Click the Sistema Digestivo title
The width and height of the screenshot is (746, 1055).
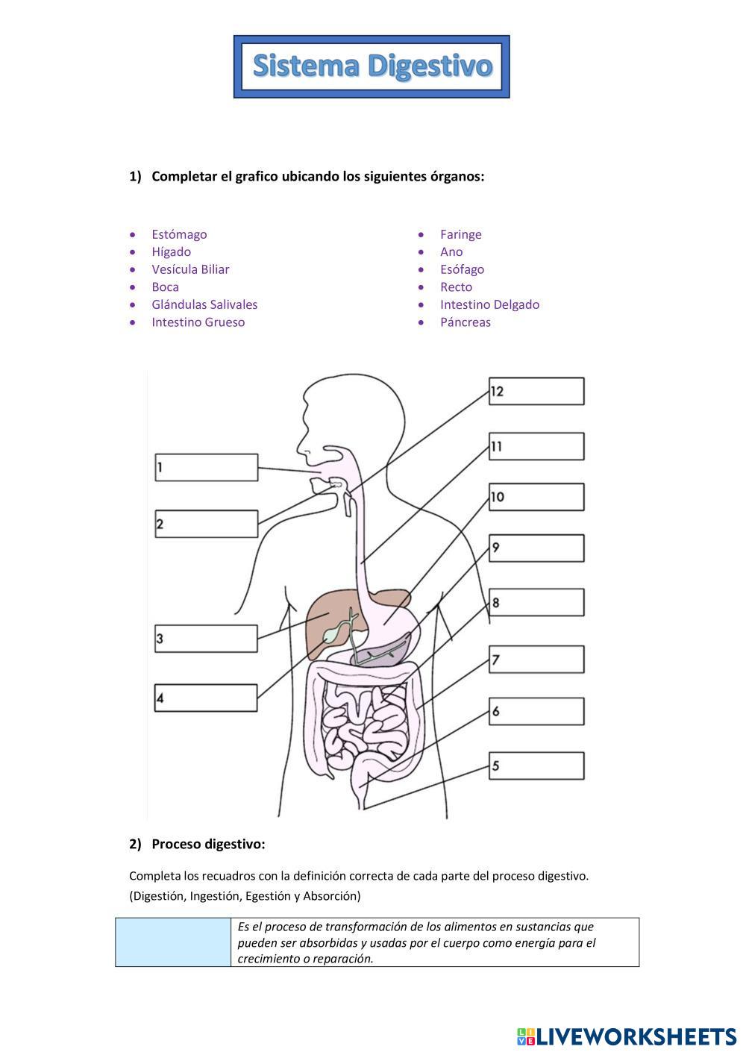[372, 66]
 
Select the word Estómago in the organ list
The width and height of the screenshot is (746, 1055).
[179, 234]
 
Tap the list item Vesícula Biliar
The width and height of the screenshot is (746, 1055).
[190, 269]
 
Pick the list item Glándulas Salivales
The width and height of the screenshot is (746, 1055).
[204, 304]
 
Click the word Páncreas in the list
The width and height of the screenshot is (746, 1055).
[466, 322]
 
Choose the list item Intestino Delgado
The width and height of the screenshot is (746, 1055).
[489, 304]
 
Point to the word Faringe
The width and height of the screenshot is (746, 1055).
[461, 234]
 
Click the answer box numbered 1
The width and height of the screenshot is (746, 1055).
[207, 468]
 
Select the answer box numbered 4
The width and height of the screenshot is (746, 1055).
[207, 698]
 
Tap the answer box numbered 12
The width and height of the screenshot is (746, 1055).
[536, 391]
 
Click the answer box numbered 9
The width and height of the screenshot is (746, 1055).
[536, 548]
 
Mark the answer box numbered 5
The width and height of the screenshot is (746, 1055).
[536, 766]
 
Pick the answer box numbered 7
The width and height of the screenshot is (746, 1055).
[536, 660]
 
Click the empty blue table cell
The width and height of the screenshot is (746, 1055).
[173, 942]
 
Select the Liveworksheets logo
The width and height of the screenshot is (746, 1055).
[626, 1036]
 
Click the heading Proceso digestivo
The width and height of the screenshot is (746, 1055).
[208, 844]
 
